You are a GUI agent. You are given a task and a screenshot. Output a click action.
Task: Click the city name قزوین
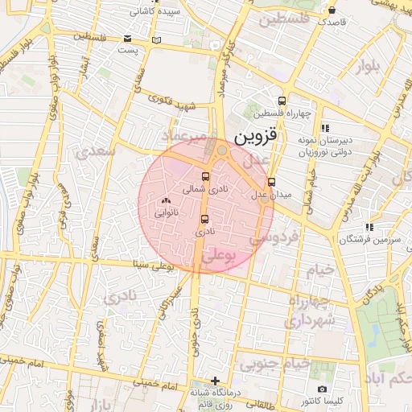click(x=256, y=138)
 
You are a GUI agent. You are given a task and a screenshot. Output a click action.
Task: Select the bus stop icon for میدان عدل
click(x=271, y=182)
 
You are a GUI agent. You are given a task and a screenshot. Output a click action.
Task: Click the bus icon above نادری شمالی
click(x=205, y=177)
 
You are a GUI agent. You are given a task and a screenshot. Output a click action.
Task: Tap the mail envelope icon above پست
click(x=128, y=38)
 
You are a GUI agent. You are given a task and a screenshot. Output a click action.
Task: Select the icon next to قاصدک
click(x=332, y=10)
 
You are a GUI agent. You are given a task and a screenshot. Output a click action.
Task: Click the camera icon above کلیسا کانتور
click(x=322, y=389)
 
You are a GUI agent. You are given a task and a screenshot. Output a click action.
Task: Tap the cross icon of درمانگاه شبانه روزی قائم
click(x=215, y=380)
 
